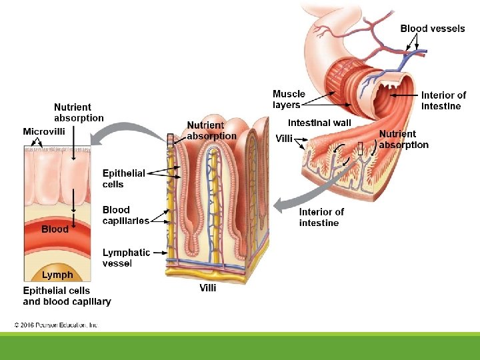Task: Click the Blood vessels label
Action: pyautogui.click(x=432, y=29)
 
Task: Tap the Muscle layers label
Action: pyautogui.click(x=289, y=99)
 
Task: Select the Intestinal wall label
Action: pyautogui.click(x=319, y=123)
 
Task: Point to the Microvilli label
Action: pyautogui.click(x=44, y=131)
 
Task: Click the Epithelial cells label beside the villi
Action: pyautogui.click(x=123, y=179)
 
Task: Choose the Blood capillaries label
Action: pyautogui.click(x=125, y=215)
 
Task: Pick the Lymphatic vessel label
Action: pyautogui.click(x=126, y=257)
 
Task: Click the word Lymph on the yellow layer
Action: pyautogui.click(x=57, y=275)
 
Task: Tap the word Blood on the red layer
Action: pyautogui.click(x=55, y=229)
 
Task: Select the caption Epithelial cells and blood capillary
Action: pyautogui.click(x=67, y=296)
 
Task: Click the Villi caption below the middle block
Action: pyautogui.click(x=208, y=288)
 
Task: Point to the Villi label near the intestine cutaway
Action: pyautogui.click(x=284, y=139)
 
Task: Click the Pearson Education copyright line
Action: pyautogui.click(x=57, y=325)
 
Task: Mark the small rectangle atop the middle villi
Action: pyautogui.click(x=170, y=139)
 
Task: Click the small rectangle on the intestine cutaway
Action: pyautogui.click(x=360, y=149)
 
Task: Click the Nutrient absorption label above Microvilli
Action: pyautogui.click(x=79, y=112)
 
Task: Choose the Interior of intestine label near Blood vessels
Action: pyautogui.click(x=443, y=101)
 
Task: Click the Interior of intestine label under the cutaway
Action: pyautogui.click(x=321, y=217)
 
